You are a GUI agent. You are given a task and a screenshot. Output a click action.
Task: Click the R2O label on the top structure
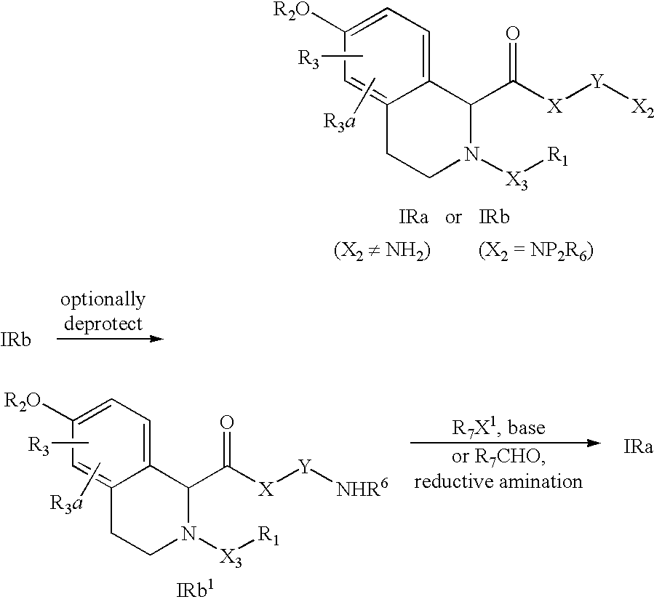(x=292, y=10)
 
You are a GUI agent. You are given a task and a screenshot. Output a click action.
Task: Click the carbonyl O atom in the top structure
(x=514, y=34)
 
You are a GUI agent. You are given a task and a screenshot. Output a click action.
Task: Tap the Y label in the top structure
(x=597, y=81)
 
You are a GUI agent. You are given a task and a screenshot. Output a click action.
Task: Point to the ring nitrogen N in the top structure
(x=471, y=154)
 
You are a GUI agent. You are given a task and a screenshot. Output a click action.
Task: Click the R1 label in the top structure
(x=557, y=158)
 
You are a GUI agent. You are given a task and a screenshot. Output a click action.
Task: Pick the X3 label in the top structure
(x=517, y=181)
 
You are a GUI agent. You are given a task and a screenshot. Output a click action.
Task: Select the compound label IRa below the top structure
(x=413, y=217)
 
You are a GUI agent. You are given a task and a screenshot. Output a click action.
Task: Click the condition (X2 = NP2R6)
(x=536, y=251)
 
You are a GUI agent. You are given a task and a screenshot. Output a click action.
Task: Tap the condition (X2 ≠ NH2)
(x=382, y=251)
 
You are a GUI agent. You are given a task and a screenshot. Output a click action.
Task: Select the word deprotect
(x=103, y=324)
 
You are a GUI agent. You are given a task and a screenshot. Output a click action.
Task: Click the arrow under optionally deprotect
(x=110, y=339)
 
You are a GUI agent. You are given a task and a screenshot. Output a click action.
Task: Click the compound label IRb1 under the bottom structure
(x=195, y=590)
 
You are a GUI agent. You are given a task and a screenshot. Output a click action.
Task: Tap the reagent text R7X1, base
(x=498, y=428)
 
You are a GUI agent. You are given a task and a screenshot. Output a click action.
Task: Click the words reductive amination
(x=498, y=481)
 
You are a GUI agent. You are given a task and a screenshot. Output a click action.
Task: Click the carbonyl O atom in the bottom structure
(x=227, y=422)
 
